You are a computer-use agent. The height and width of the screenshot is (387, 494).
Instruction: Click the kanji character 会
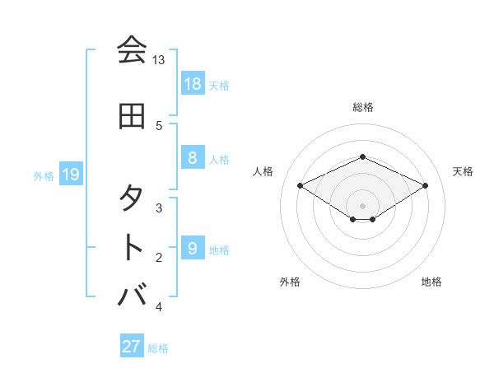coord(132,50)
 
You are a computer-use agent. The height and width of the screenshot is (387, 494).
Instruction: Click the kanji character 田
coord(132,117)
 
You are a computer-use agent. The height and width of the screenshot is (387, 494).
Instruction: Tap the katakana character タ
coord(132,198)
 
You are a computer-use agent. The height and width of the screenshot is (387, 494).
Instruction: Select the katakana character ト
coord(132,247)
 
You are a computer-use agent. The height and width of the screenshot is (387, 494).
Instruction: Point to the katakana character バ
coord(132,295)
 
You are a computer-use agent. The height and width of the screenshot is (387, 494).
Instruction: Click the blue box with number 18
coord(193,83)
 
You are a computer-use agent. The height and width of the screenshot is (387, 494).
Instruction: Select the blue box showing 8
coord(192,158)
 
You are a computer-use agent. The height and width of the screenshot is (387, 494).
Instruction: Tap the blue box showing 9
coord(192,249)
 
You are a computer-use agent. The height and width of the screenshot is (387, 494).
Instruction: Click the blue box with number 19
coord(70,174)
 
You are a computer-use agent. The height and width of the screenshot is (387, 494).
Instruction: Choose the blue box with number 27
coord(132,347)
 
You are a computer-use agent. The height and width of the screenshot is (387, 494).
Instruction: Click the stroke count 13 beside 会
coord(158,60)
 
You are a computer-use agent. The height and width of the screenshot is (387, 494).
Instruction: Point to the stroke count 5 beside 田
coord(159,126)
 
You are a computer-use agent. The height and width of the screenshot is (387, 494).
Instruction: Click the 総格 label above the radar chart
coord(363,107)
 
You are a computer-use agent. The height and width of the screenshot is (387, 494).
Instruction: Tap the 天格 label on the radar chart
coord(463,171)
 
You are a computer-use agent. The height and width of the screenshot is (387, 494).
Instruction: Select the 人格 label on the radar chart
coord(263,171)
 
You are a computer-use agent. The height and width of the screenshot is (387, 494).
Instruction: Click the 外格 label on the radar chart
coord(290,282)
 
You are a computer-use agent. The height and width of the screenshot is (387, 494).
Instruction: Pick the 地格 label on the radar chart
coord(431,282)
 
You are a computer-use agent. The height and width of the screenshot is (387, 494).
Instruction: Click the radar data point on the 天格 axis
coord(426,185)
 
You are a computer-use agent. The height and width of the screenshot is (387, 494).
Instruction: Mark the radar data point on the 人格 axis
coord(301,185)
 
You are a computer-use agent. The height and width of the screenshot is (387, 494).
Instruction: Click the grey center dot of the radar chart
coord(363,205)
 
